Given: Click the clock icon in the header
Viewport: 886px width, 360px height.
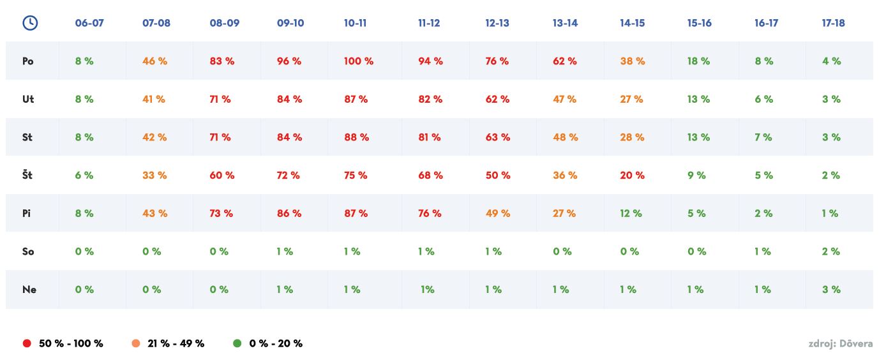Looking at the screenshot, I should click(x=30, y=23).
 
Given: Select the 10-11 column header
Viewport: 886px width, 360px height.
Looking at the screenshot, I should click(x=355, y=23).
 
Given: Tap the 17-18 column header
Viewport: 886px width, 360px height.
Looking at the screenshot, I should click(x=833, y=23).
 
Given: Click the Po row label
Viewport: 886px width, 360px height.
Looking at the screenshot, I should click(x=28, y=61).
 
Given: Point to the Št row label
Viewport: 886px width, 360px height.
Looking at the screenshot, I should click(x=27, y=175).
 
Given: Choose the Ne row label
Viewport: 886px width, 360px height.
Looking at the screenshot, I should click(x=29, y=289).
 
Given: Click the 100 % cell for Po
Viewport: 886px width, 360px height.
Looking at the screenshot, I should click(x=359, y=61).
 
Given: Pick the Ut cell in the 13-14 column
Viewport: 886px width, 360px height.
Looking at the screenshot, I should click(x=564, y=99).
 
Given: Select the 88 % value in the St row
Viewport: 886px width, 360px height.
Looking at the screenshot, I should click(x=356, y=137).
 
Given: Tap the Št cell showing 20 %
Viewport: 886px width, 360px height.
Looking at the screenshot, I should click(x=632, y=175).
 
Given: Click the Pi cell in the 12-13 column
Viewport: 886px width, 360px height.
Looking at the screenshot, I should click(x=498, y=213).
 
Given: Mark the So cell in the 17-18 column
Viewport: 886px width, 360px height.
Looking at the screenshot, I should click(x=830, y=251).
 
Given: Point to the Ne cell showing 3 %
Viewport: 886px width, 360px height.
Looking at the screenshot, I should click(x=831, y=289).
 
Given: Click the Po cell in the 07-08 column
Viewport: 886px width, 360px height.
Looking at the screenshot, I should click(x=154, y=61).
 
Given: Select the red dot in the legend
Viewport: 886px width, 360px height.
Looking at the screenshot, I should click(x=27, y=343).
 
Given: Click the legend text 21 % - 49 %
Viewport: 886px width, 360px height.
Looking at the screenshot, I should click(x=176, y=343).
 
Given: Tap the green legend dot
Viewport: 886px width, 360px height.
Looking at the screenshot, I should click(x=237, y=343).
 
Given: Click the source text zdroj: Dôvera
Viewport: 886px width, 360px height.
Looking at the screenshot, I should click(x=840, y=344).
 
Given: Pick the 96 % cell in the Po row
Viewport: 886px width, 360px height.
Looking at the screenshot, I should click(x=289, y=61).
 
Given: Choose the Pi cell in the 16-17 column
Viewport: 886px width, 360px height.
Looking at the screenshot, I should click(x=763, y=213).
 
